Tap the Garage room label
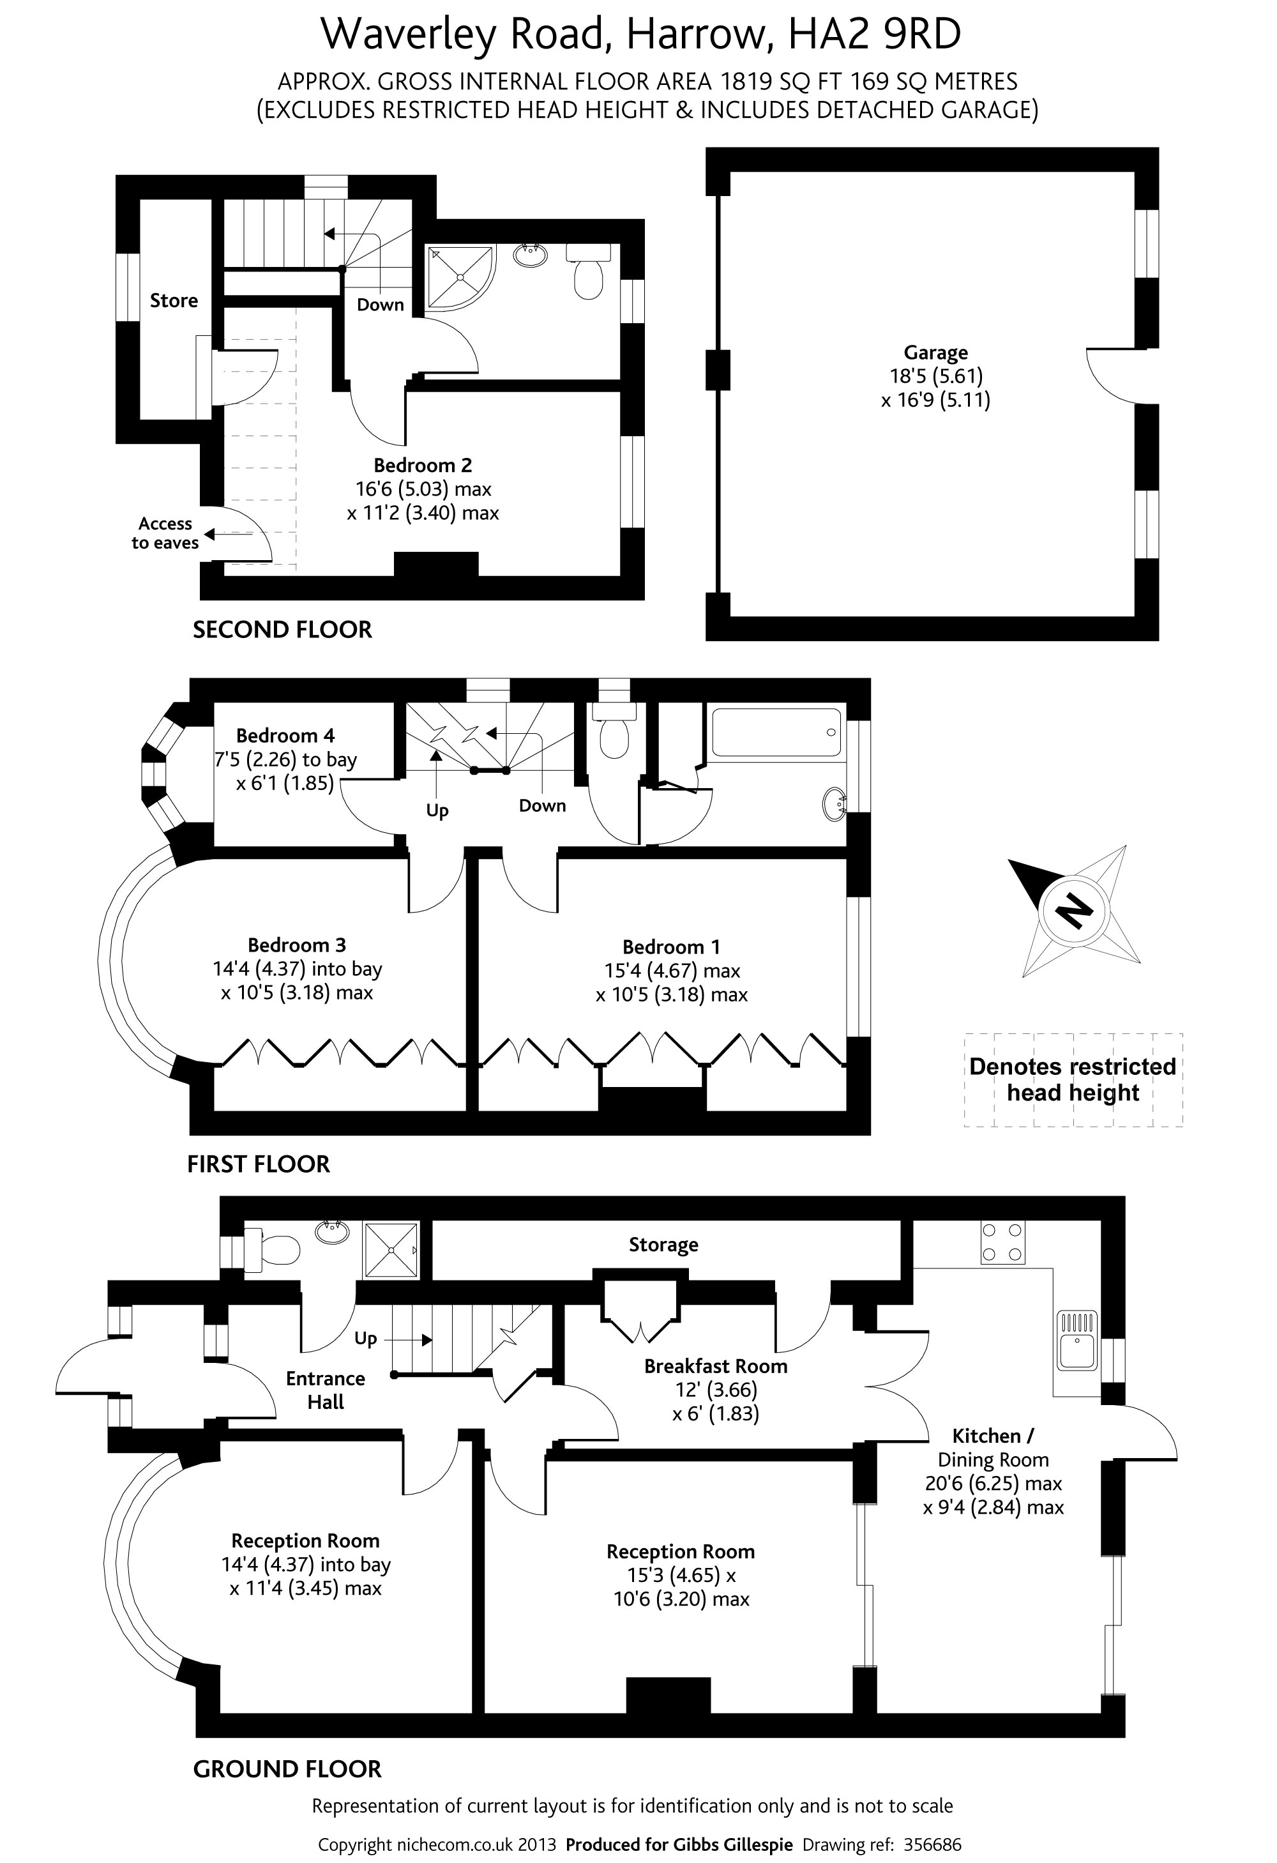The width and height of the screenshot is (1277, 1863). [935, 353]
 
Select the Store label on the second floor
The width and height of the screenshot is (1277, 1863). [174, 301]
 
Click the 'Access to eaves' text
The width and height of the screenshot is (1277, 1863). [165, 533]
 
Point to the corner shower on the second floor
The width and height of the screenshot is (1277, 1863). [458, 277]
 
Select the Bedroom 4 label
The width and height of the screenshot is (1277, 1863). [285, 736]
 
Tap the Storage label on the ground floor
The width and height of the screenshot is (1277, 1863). [663, 1245]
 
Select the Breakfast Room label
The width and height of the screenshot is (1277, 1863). [715, 1366]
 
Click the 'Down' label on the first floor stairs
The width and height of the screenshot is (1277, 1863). [542, 805]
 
